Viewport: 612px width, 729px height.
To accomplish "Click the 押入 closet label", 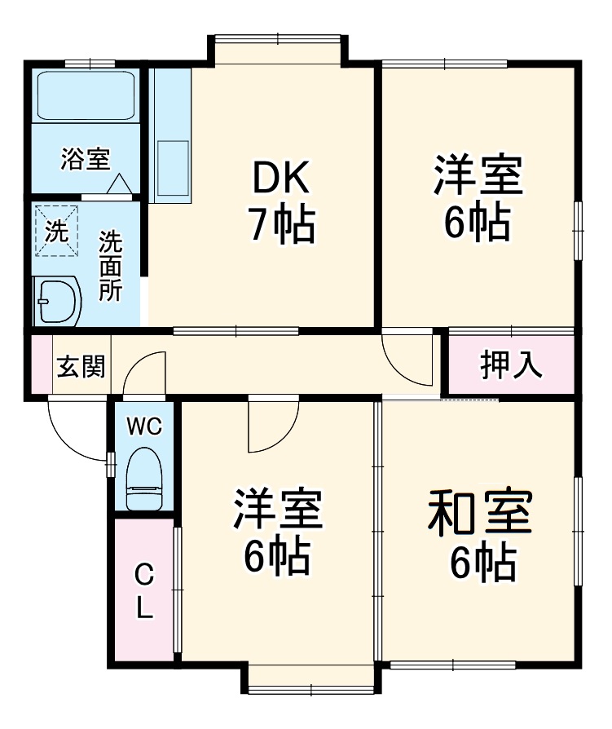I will [x=511, y=364].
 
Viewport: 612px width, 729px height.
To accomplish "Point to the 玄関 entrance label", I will [x=81, y=367].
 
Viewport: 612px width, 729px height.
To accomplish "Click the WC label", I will [x=144, y=426].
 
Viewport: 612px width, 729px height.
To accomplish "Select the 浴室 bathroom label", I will [x=85, y=159].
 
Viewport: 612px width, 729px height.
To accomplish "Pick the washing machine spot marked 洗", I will [x=56, y=231].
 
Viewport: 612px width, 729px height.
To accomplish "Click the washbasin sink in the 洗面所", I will [x=57, y=302].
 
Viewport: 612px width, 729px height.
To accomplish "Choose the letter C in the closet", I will [x=143, y=576].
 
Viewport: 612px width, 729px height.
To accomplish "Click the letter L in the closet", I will [x=144, y=607].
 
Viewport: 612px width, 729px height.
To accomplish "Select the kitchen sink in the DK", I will [x=171, y=167].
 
